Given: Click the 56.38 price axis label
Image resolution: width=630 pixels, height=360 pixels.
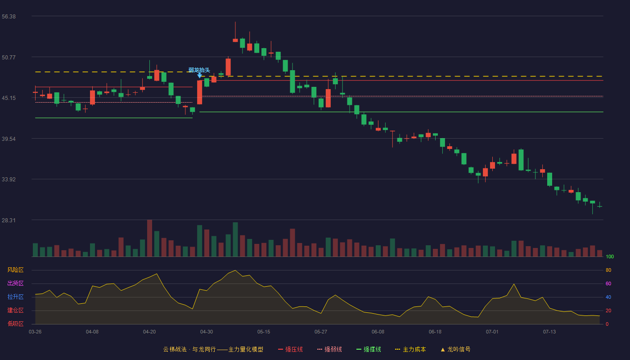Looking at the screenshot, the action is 9,17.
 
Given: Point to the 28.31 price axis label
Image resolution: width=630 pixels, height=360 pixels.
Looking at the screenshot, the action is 9,220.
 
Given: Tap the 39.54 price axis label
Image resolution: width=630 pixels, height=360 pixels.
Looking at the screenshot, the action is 9,139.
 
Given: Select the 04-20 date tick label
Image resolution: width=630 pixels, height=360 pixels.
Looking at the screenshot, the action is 149,332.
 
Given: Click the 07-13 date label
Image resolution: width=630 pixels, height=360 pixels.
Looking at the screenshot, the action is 549,332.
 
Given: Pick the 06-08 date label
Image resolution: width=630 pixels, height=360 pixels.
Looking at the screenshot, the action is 378,332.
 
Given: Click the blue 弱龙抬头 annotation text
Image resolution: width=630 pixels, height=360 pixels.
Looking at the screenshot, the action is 199,70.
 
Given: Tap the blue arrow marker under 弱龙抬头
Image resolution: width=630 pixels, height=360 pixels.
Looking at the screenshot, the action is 199,76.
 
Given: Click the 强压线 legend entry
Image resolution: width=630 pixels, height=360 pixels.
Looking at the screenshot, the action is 290,349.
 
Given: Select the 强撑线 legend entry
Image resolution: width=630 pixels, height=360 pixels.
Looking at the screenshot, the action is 369,349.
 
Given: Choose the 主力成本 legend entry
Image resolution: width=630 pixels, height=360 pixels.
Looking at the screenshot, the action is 410,349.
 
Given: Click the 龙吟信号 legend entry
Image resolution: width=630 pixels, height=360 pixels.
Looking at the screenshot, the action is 455,349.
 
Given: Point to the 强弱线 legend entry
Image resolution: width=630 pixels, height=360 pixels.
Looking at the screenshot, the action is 329,349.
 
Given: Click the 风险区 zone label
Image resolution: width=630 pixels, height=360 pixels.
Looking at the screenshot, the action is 15,270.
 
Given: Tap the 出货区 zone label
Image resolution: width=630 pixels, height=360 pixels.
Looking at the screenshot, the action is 15,283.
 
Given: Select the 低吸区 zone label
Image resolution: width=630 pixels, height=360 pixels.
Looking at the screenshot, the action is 15,324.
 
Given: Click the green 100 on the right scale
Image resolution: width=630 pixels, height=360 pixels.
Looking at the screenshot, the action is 610,256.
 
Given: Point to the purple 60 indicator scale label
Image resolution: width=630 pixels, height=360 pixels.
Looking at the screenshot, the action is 608,283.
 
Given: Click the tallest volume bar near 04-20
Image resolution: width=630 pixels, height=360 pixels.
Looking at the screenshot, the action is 149,238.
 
